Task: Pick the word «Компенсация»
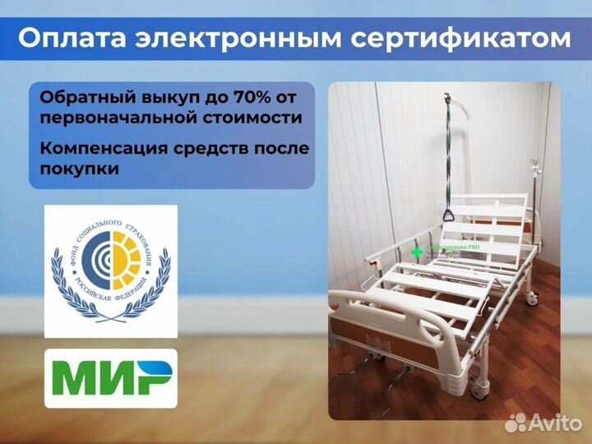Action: click(x=97, y=148)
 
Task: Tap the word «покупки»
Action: click(x=79, y=169)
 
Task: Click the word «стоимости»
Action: click(x=256, y=118)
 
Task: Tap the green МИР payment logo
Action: click(x=109, y=380)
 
